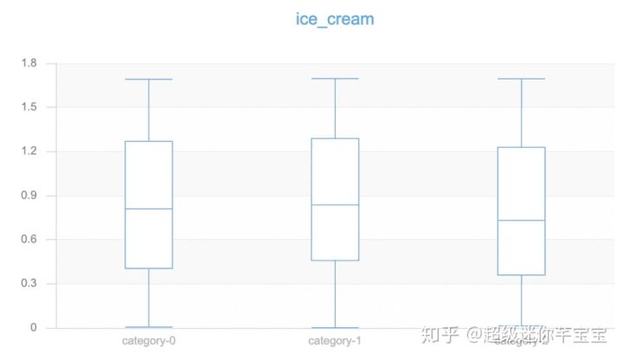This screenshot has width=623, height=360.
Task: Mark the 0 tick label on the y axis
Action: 34,328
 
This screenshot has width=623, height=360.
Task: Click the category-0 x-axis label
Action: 149,341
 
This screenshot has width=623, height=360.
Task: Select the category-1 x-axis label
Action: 335,341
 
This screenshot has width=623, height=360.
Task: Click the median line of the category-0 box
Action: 149,209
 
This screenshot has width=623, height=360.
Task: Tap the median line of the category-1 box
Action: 335,204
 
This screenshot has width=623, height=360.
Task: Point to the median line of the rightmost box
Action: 521,221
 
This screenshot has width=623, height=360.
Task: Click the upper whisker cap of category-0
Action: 149,80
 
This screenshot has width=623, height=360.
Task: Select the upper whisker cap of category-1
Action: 335,79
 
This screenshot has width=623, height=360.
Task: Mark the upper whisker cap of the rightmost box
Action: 521,79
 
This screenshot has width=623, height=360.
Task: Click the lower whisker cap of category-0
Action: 149,327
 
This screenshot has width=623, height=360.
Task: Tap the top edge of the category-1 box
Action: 335,138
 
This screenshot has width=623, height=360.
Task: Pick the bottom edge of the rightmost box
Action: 521,275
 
